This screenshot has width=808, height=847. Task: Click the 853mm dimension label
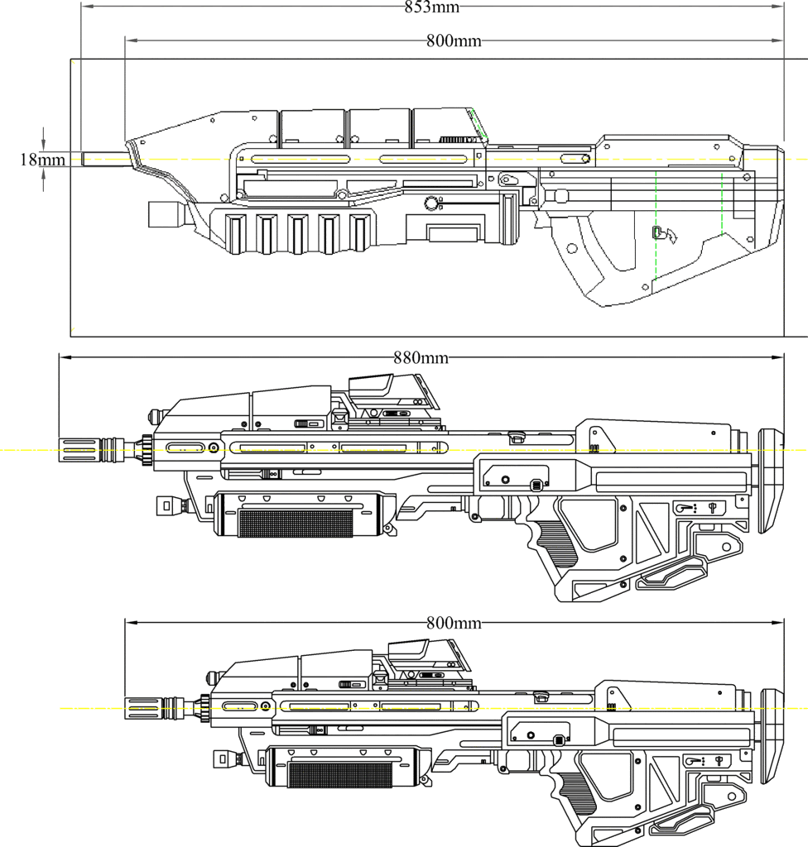click(x=431, y=7)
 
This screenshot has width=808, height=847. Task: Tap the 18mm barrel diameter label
click(x=42, y=160)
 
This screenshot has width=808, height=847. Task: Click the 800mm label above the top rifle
click(x=454, y=41)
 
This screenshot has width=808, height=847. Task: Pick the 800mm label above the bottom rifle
click(x=454, y=623)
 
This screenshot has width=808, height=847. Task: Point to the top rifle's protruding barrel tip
click(x=104, y=159)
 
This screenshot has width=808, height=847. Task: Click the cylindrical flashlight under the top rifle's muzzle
click(x=165, y=214)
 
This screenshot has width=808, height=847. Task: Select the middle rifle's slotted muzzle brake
click(x=80, y=449)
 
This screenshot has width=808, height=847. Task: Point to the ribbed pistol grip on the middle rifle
click(x=551, y=547)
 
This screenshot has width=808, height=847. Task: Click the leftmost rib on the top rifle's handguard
click(x=233, y=232)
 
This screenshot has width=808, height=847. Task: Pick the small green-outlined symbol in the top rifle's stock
click(x=658, y=233)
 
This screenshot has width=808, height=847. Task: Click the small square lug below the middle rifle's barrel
click(x=167, y=503)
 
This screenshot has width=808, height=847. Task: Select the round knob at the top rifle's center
click(x=430, y=203)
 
